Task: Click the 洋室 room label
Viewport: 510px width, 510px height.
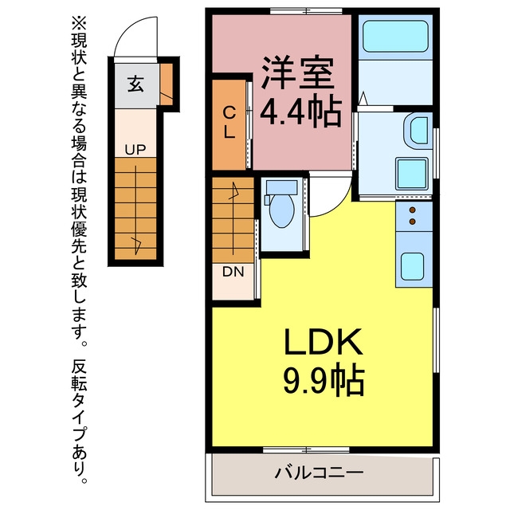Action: coord(297,73)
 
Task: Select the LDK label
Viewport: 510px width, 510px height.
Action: coord(324,342)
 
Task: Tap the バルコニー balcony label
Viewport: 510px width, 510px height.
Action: coord(319,472)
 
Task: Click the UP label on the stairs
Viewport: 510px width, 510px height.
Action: coord(135,150)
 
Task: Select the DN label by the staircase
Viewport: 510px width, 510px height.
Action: coord(233,272)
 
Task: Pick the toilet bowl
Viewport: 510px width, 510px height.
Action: coord(282,209)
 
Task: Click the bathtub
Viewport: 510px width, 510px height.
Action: coord(395,36)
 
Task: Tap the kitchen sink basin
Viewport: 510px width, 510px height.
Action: coord(412,266)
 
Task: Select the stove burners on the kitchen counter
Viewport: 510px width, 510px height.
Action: coord(413,215)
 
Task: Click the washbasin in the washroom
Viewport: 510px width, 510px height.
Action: coord(418,131)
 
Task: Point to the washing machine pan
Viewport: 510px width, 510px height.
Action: coord(411,174)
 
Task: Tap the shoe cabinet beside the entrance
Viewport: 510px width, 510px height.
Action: coord(167,84)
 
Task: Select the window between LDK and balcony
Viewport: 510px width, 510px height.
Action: coord(306,450)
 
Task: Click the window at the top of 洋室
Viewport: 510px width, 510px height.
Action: coord(306,11)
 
